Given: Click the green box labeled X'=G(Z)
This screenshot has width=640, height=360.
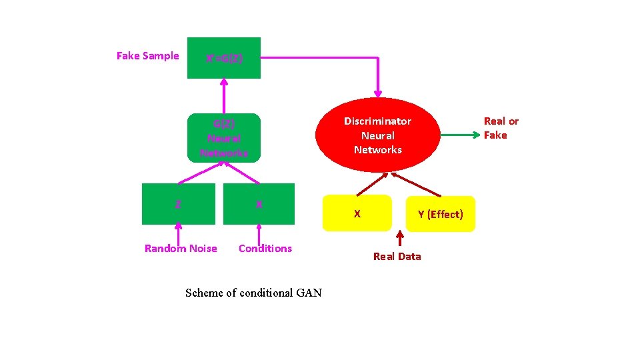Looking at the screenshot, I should (224, 58).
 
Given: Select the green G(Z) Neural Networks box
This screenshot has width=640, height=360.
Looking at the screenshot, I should (224, 138).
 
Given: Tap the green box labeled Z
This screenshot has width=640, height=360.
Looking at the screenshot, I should (178, 204).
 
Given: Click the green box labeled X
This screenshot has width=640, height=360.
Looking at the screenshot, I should (259, 204).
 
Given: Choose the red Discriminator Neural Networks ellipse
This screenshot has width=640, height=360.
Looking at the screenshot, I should (377, 135).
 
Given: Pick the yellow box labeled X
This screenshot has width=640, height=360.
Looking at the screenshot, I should (357, 213).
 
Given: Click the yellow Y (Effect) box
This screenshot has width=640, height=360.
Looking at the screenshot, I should (441, 214).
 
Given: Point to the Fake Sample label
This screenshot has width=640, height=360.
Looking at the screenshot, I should (147, 56).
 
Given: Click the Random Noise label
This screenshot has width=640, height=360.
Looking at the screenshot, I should (181, 249).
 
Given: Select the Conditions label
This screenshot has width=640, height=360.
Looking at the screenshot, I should (265, 249).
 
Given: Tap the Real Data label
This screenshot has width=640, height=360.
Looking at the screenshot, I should (397, 257).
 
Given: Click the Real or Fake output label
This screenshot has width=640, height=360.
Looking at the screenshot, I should (501, 128).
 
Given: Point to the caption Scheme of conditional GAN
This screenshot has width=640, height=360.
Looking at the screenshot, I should (253, 293).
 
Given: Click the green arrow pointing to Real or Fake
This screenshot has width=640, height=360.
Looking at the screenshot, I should (460, 135).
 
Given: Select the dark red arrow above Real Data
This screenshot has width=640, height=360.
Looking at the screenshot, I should (399, 239).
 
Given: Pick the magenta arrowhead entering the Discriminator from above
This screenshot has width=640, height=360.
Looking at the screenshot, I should (378, 91).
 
